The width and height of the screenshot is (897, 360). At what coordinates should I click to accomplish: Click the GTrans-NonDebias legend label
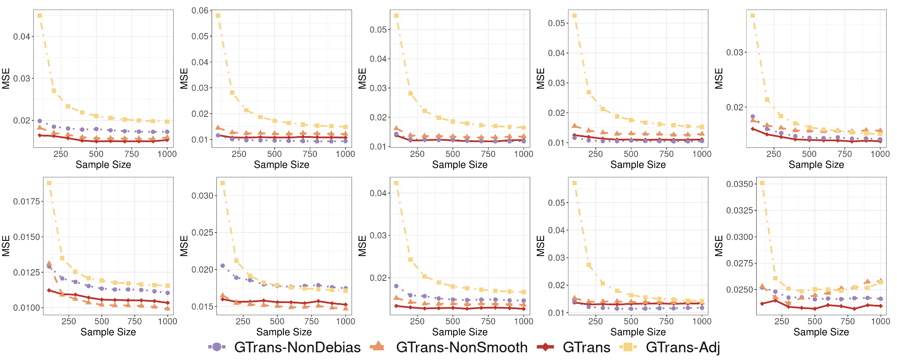coord(297,347)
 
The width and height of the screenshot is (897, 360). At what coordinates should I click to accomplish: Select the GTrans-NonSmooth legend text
coord(462,347)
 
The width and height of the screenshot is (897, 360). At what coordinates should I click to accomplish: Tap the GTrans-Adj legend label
coord(683,347)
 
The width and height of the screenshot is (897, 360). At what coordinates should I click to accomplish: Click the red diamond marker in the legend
coord(545,347)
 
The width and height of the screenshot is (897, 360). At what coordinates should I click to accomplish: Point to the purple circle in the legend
coord(217,347)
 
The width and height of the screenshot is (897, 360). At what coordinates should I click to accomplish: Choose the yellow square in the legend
coord(628,347)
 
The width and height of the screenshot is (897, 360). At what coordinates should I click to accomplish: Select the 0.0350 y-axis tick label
coord(740,184)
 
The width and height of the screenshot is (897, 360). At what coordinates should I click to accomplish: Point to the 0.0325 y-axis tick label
coord(740,210)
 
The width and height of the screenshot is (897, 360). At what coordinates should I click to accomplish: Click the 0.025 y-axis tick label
coord(202,233)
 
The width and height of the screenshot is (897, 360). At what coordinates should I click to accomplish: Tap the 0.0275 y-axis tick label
coord(740,263)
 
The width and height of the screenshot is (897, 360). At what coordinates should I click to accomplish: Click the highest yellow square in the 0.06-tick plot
coord(218,16)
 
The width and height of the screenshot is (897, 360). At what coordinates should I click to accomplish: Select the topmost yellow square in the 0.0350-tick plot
coord(762,183)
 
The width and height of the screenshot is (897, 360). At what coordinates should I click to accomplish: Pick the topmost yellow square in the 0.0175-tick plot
coord(49,183)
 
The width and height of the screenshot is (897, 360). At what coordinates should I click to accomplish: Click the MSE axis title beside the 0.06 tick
coord(184,78)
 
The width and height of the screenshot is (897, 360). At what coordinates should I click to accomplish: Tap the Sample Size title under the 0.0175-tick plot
coord(108,332)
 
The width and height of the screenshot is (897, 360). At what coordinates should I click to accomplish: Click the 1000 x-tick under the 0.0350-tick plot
coord(880,321)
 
